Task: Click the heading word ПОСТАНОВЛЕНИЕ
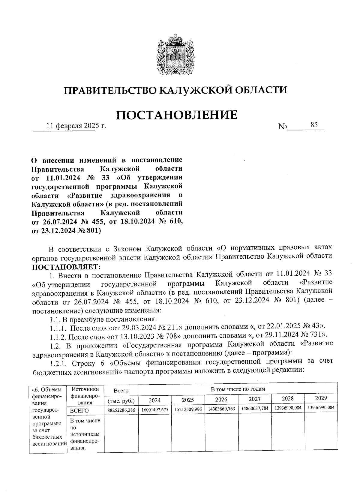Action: click(176, 115)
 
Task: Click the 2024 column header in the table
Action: click(154, 400)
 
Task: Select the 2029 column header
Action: click(321, 398)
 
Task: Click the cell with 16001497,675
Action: click(155, 409)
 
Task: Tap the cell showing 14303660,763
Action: click(221, 409)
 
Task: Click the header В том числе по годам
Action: click(238, 389)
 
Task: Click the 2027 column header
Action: click(255, 399)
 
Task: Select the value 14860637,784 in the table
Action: click(255, 408)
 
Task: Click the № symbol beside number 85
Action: click(283, 127)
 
